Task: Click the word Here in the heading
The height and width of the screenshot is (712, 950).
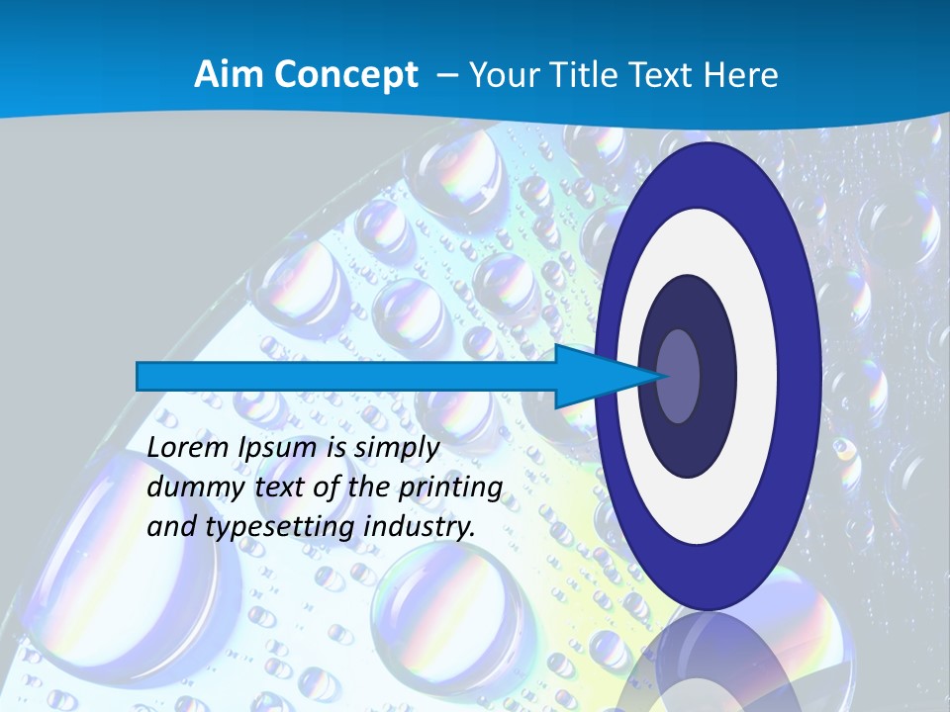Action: (743, 75)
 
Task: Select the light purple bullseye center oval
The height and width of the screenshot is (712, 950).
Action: (678, 377)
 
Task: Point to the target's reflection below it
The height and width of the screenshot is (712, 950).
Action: (708, 663)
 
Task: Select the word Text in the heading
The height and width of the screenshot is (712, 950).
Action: (657, 75)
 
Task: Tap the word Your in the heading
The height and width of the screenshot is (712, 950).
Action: (500, 75)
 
